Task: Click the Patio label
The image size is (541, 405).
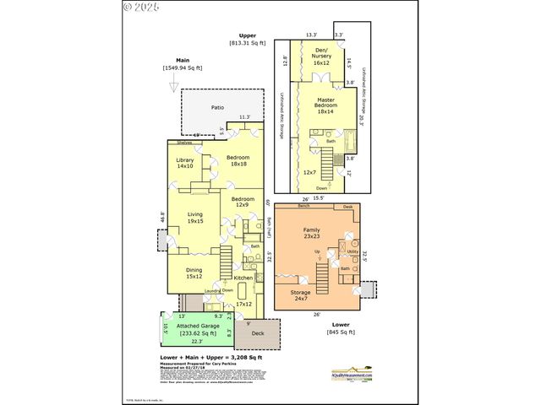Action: (x=218, y=108)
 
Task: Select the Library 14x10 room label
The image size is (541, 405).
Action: (x=185, y=163)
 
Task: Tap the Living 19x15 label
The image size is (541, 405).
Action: (x=194, y=218)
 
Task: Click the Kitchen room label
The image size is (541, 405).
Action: (x=243, y=278)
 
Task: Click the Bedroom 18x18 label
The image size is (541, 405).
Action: (x=238, y=160)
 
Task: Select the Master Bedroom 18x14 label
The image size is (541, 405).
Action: (x=326, y=105)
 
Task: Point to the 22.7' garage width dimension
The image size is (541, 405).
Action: (x=196, y=341)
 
